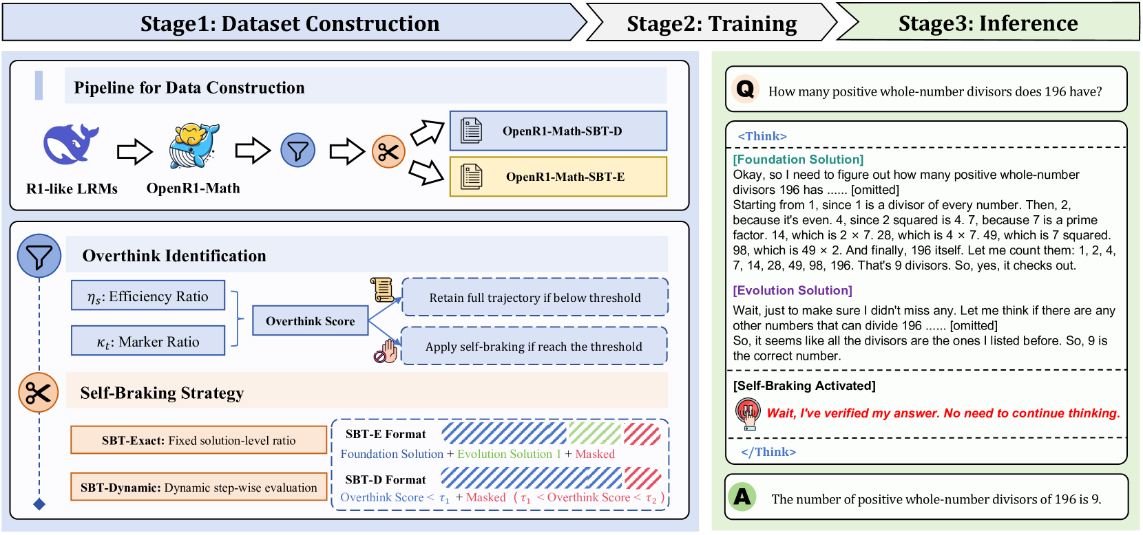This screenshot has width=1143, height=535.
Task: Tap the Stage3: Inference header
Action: [987, 23]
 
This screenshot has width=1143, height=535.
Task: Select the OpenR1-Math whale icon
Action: [194, 146]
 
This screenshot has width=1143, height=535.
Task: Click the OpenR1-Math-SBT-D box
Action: [558, 131]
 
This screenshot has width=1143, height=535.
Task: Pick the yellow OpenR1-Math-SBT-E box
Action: [558, 177]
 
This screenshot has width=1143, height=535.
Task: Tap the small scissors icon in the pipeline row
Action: [388, 151]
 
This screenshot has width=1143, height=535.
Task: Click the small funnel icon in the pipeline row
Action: [298, 151]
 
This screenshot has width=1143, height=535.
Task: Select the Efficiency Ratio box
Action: [148, 296]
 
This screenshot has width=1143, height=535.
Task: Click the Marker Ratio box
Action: [148, 341]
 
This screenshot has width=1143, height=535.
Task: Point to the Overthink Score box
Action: [310, 321]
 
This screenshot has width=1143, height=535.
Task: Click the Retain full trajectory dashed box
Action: [534, 298]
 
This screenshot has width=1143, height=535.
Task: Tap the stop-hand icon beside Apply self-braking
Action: [386, 351]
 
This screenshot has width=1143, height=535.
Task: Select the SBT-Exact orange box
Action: [198, 440]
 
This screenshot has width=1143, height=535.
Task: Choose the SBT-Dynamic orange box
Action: [198, 488]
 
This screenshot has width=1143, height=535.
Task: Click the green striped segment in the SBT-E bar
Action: [595, 434]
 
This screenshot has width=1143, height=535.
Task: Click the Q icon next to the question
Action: [745, 89]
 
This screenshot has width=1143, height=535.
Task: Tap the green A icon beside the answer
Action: [742, 496]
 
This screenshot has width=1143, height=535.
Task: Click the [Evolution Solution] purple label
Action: [793, 290]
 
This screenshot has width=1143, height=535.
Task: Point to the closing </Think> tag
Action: [768, 452]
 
